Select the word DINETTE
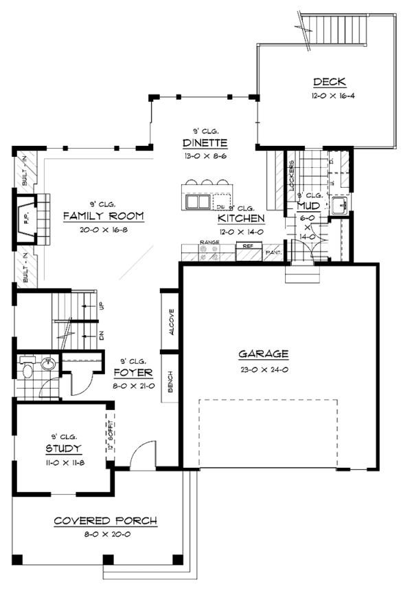point(205,143)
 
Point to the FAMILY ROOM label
point(103,216)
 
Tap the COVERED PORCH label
point(105,521)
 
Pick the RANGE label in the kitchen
point(209,243)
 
